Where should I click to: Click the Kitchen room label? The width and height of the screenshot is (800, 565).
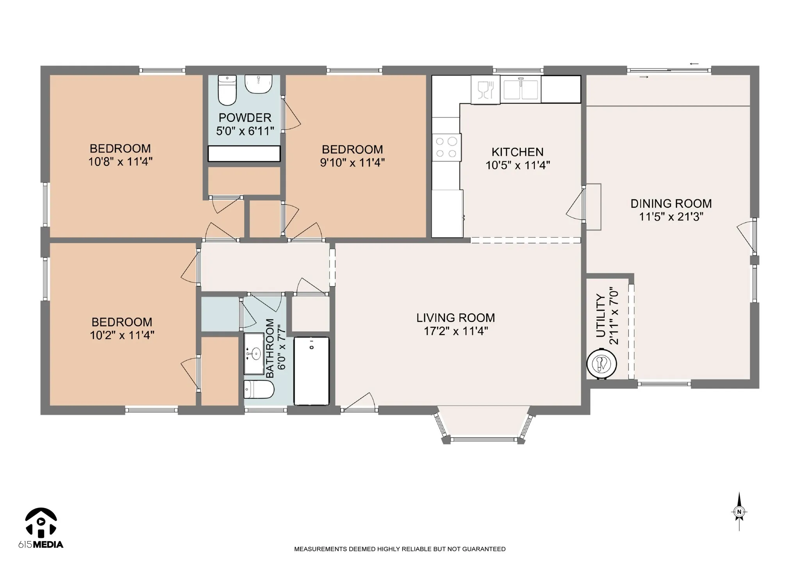pyautogui.click(x=517, y=152)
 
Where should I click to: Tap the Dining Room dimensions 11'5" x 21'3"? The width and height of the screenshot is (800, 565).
pyautogui.click(x=671, y=217)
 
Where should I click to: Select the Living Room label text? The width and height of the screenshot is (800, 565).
pyautogui.click(x=455, y=318)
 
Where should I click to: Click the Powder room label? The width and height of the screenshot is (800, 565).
pyautogui.click(x=245, y=117)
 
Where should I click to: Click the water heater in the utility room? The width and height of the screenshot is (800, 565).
pyautogui.click(x=602, y=364)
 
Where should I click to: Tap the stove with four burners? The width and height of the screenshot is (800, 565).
pyautogui.click(x=446, y=147)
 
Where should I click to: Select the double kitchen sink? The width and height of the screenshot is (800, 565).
pyautogui.click(x=520, y=89)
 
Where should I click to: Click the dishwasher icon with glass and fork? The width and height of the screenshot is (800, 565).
pyautogui.click(x=486, y=90)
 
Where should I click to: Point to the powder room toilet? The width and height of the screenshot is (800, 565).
pyautogui.click(x=227, y=91)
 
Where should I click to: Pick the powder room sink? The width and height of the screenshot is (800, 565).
pyautogui.click(x=258, y=84)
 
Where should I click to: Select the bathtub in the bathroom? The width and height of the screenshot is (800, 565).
pyautogui.click(x=312, y=371)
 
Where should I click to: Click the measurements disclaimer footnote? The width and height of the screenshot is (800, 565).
pyautogui.click(x=400, y=549)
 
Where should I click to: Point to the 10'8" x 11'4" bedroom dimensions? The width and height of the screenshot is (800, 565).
pyautogui.click(x=120, y=162)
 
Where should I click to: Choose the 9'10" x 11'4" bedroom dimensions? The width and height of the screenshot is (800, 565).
pyautogui.click(x=352, y=162)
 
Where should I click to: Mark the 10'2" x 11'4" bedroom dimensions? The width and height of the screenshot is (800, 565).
pyautogui.click(x=122, y=335)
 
